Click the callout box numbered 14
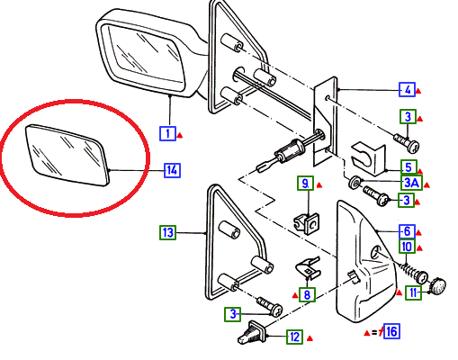(172, 170)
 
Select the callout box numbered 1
(167, 133)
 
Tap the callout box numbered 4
(407, 89)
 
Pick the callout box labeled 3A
(411, 183)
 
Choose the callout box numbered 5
(409, 167)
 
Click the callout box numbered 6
(407, 231)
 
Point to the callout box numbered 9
(305, 183)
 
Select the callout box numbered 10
(407, 247)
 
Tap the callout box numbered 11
(413, 292)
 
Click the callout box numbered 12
(294, 337)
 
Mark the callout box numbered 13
(167, 232)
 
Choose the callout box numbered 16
(391, 331)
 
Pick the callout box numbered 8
(307, 294)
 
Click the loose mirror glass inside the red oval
(67, 155)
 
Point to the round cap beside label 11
(438, 285)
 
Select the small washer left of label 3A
(355, 183)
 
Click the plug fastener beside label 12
(252, 332)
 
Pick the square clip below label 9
(306, 223)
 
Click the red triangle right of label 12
(310, 338)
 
